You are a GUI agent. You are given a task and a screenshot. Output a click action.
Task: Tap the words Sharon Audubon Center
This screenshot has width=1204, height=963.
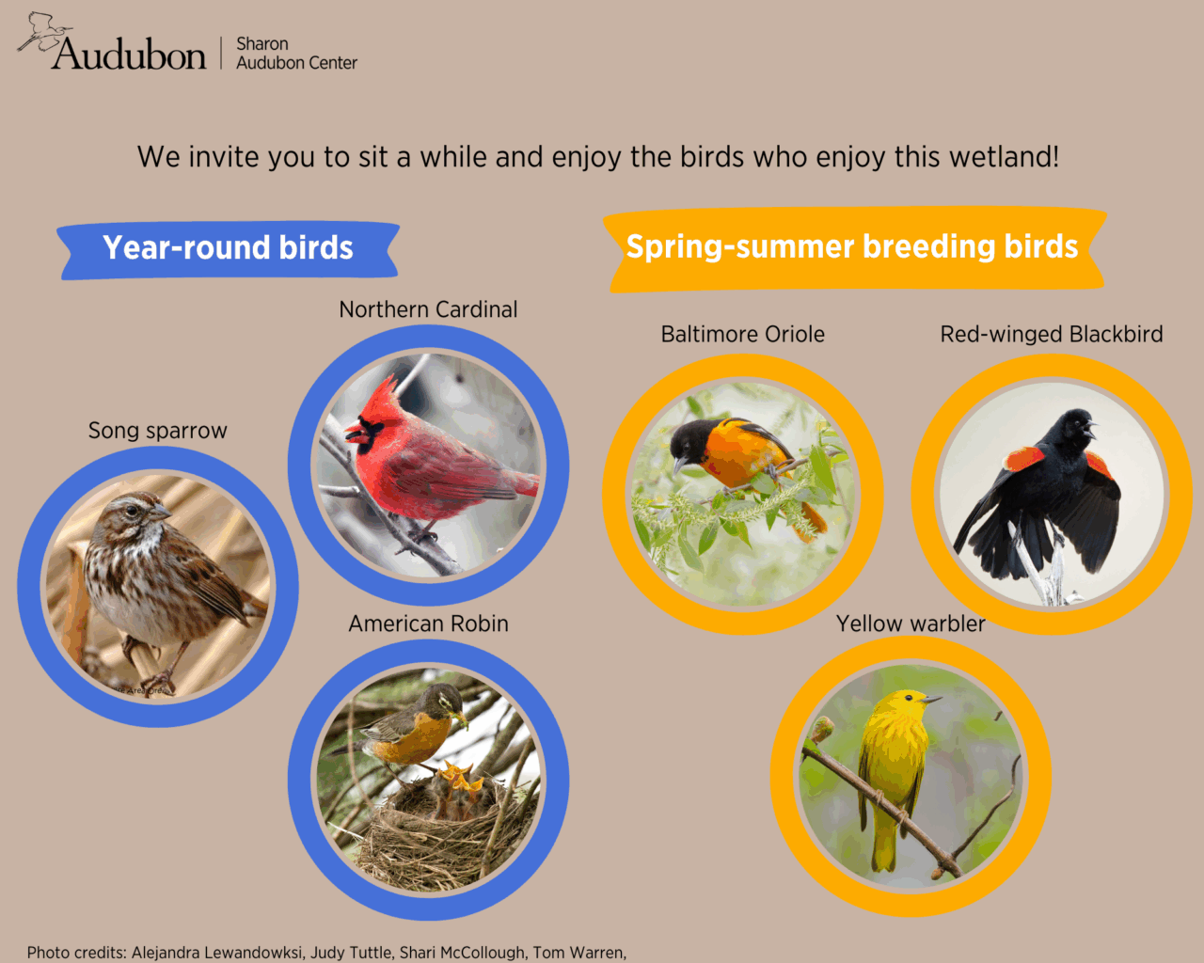pyautogui.click(x=296, y=54)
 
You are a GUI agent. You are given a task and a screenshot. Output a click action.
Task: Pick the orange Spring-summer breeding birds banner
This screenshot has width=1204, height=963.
pyautogui.click(x=855, y=249)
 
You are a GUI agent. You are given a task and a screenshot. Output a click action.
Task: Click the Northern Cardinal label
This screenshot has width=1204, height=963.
pyautogui.click(x=428, y=309)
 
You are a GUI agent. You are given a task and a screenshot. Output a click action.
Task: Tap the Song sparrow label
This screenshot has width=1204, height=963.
pyautogui.click(x=158, y=431)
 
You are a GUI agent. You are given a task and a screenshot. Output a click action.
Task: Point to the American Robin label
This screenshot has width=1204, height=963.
pyautogui.click(x=429, y=624)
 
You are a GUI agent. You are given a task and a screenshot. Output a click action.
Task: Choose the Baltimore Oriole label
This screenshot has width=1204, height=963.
pyautogui.click(x=743, y=334)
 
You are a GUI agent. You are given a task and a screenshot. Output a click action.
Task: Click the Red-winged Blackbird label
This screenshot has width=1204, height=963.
pyautogui.click(x=1052, y=334)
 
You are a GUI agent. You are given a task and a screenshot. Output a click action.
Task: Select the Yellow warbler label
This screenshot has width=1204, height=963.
pyautogui.click(x=911, y=624)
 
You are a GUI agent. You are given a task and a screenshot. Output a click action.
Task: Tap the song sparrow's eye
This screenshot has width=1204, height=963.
pyautogui.click(x=132, y=510)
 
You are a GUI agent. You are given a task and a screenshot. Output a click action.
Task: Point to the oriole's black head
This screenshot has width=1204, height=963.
pyautogui.click(x=690, y=441)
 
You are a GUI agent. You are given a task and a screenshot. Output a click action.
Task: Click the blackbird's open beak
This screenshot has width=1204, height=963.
pyautogui.click(x=1088, y=430)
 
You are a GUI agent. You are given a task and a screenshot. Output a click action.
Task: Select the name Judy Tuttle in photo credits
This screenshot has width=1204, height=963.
pyautogui.click(x=351, y=952)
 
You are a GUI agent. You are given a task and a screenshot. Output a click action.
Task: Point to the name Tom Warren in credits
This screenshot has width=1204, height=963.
pyautogui.click(x=578, y=952)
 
